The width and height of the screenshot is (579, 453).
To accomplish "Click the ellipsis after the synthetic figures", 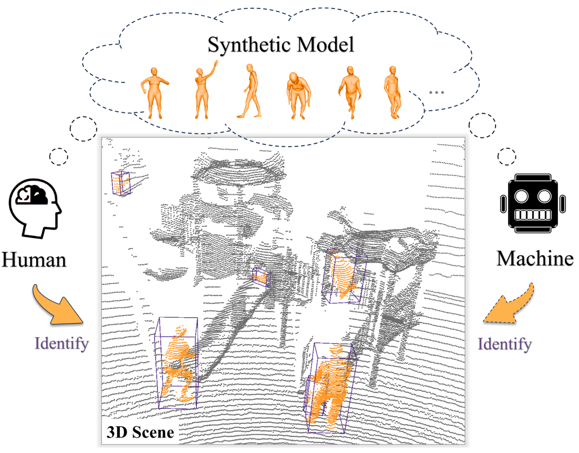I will pos(436,92).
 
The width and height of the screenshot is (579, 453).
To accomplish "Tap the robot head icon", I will pos(533,203).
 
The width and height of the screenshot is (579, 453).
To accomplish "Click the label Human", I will pos(34,260).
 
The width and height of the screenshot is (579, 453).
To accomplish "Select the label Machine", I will pos(535,259).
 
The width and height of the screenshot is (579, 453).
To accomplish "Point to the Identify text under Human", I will pos(62,343).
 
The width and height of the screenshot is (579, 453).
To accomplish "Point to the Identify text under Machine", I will pos(504,344).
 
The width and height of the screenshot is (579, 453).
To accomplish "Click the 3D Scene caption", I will pos(140,432).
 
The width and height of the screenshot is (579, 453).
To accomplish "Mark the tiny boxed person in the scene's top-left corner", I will pos(121,183).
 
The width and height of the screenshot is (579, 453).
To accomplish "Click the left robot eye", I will pos(521,196).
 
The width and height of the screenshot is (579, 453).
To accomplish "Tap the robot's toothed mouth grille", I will pos(533,215).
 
